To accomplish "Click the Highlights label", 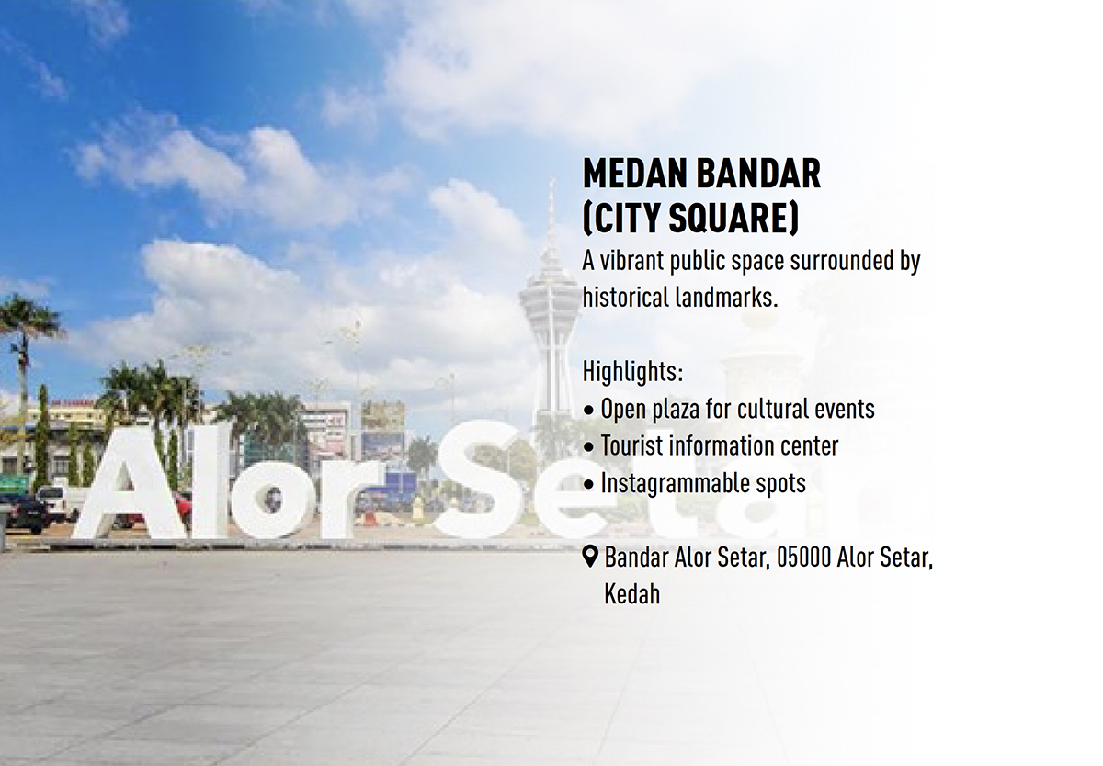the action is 632,372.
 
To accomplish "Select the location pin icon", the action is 590,558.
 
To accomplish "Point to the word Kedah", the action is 631,595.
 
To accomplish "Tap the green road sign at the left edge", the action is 14,484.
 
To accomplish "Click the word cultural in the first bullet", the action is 774,410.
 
